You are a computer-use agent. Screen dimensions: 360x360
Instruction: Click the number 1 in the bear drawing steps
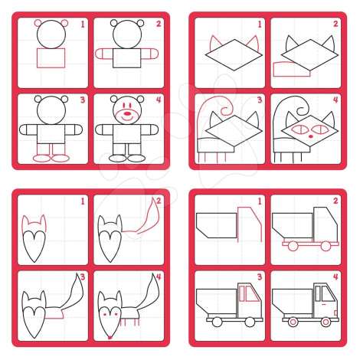[83, 25]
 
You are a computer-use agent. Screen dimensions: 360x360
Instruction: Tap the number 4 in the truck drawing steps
[335, 277]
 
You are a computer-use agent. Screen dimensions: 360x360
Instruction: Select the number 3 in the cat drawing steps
[260, 100]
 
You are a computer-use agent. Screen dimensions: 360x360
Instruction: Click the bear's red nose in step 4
[127, 113]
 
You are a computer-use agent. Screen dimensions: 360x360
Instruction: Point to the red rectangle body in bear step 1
[51, 58]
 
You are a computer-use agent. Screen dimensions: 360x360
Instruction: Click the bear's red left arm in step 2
[104, 54]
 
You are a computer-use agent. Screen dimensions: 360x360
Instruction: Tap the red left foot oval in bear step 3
[41, 159]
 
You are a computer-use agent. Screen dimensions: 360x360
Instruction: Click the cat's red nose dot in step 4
[310, 136]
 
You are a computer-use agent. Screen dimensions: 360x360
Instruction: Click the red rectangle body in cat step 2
[292, 69]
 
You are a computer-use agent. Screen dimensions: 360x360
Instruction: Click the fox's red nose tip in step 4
[110, 338]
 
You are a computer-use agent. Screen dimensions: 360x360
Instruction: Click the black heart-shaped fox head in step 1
[34, 246]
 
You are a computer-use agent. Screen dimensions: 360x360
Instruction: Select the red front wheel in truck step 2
[326, 246]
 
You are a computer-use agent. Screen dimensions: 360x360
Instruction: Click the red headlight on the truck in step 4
[335, 313]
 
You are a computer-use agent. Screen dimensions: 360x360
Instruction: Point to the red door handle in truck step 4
[323, 304]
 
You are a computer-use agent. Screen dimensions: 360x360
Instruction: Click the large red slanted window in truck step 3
[252, 293]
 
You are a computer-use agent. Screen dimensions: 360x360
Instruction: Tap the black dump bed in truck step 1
[217, 225]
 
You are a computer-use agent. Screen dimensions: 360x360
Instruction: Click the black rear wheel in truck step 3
[217, 322]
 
